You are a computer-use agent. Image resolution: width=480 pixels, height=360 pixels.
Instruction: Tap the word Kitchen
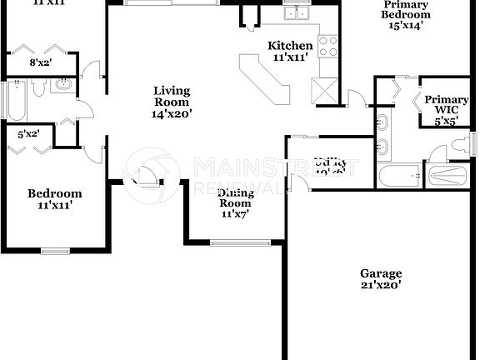coord(290,46)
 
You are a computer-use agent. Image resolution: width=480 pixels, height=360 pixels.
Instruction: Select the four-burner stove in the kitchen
coord(327,46)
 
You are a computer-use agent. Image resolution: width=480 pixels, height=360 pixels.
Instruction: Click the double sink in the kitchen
coord(294,12)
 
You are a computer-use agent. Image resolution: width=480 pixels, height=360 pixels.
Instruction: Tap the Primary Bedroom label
coord(406,14)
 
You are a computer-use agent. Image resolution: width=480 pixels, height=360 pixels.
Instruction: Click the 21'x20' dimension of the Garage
coord(381,285)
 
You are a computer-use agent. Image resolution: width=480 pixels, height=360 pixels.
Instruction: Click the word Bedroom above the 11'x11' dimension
coord(55,193)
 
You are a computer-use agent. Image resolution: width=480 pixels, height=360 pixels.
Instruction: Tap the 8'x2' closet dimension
coord(41,62)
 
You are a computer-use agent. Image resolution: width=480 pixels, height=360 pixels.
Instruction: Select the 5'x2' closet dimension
coord(30,132)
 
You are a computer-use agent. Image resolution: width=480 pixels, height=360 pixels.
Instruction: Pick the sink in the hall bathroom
coord(62,84)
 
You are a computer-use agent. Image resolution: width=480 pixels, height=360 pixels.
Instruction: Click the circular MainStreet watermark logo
coord(158,172)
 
